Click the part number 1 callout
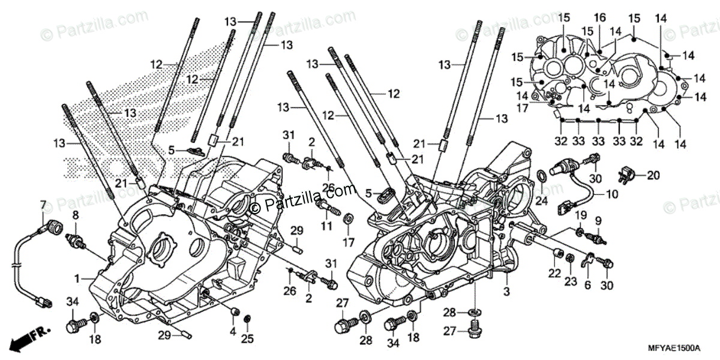77,278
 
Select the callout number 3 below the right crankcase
506,292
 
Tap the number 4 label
232,330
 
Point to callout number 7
43,205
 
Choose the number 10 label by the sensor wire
611,194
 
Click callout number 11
326,226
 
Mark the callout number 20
653,175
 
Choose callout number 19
581,214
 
